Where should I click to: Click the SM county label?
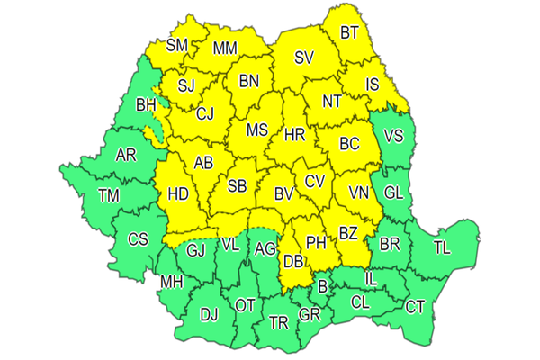pyautogui.click(x=178, y=45)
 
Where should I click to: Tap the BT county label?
pyautogui.click(x=350, y=34)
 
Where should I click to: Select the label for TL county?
pyautogui.click(x=442, y=247)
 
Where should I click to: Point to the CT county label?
pyautogui.click(x=415, y=308)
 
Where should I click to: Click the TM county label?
pyautogui.click(x=109, y=195)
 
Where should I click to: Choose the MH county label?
pyautogui.click(x=171, y=283)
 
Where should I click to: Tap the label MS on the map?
pyautogui.click(x=257, y=130)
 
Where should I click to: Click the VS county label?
pyautogui.click(x=393, y=137)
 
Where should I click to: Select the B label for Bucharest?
pyautogui.click(x=323, y=286)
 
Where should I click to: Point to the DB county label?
pyautogui.click(x=292, y=262)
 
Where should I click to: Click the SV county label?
pyautogui.click(x=304, y=58)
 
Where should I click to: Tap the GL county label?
pyautogui.click(x=393, y=193)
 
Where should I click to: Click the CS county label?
pyautogui.click(x=138, y=239)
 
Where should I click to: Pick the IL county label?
pyautogui.click(x=370, y=280)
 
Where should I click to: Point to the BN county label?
pyautogui.click(x=249, y=81)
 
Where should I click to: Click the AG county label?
pyautogui.click(x=264, y=249)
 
